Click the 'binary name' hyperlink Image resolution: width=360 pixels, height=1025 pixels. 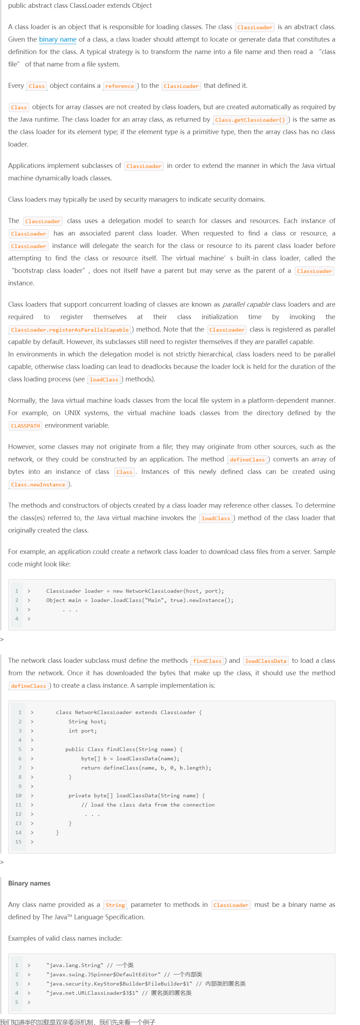pos(58,39)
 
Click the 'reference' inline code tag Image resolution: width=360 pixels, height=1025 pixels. pos(119,86)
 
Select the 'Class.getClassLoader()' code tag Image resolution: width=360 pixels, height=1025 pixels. pos(250,120)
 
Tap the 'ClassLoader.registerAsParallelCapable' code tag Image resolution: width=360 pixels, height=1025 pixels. pos(70,330)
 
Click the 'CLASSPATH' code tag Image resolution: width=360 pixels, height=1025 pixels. pos(26,426)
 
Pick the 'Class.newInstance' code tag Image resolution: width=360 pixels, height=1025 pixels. pos(38,485)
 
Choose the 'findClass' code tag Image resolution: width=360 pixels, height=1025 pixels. pos(207,661)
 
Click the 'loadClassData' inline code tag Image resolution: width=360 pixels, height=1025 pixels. pos(266,661)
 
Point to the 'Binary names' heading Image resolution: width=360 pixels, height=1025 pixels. pos(29,883)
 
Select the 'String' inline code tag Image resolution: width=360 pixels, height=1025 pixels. pos(115,905)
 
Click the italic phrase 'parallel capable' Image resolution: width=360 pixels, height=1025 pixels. pos(246,305)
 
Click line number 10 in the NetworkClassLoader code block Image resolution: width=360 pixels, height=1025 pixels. pos(18,796)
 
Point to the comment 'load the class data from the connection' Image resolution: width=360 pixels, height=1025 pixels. pos(148,804)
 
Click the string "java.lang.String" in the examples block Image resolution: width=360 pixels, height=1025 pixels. pos(75,965)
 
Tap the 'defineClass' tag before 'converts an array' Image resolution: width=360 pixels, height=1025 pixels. pos(247,460)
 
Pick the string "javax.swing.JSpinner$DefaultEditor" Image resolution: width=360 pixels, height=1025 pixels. pos(104,974)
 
